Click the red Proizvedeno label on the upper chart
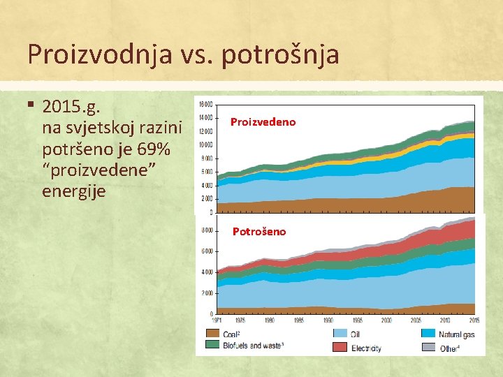coord(263,122)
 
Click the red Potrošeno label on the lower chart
coord(258,231)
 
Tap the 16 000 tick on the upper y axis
coord(205,105)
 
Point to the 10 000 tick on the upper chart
coord(205,145)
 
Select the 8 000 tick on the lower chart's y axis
coord(207,230)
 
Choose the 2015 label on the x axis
coord(473,320)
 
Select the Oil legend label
coord(356,334)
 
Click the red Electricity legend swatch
coord(340,347)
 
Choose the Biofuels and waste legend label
coord(254,346)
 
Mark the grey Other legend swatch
coord(428,347)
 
